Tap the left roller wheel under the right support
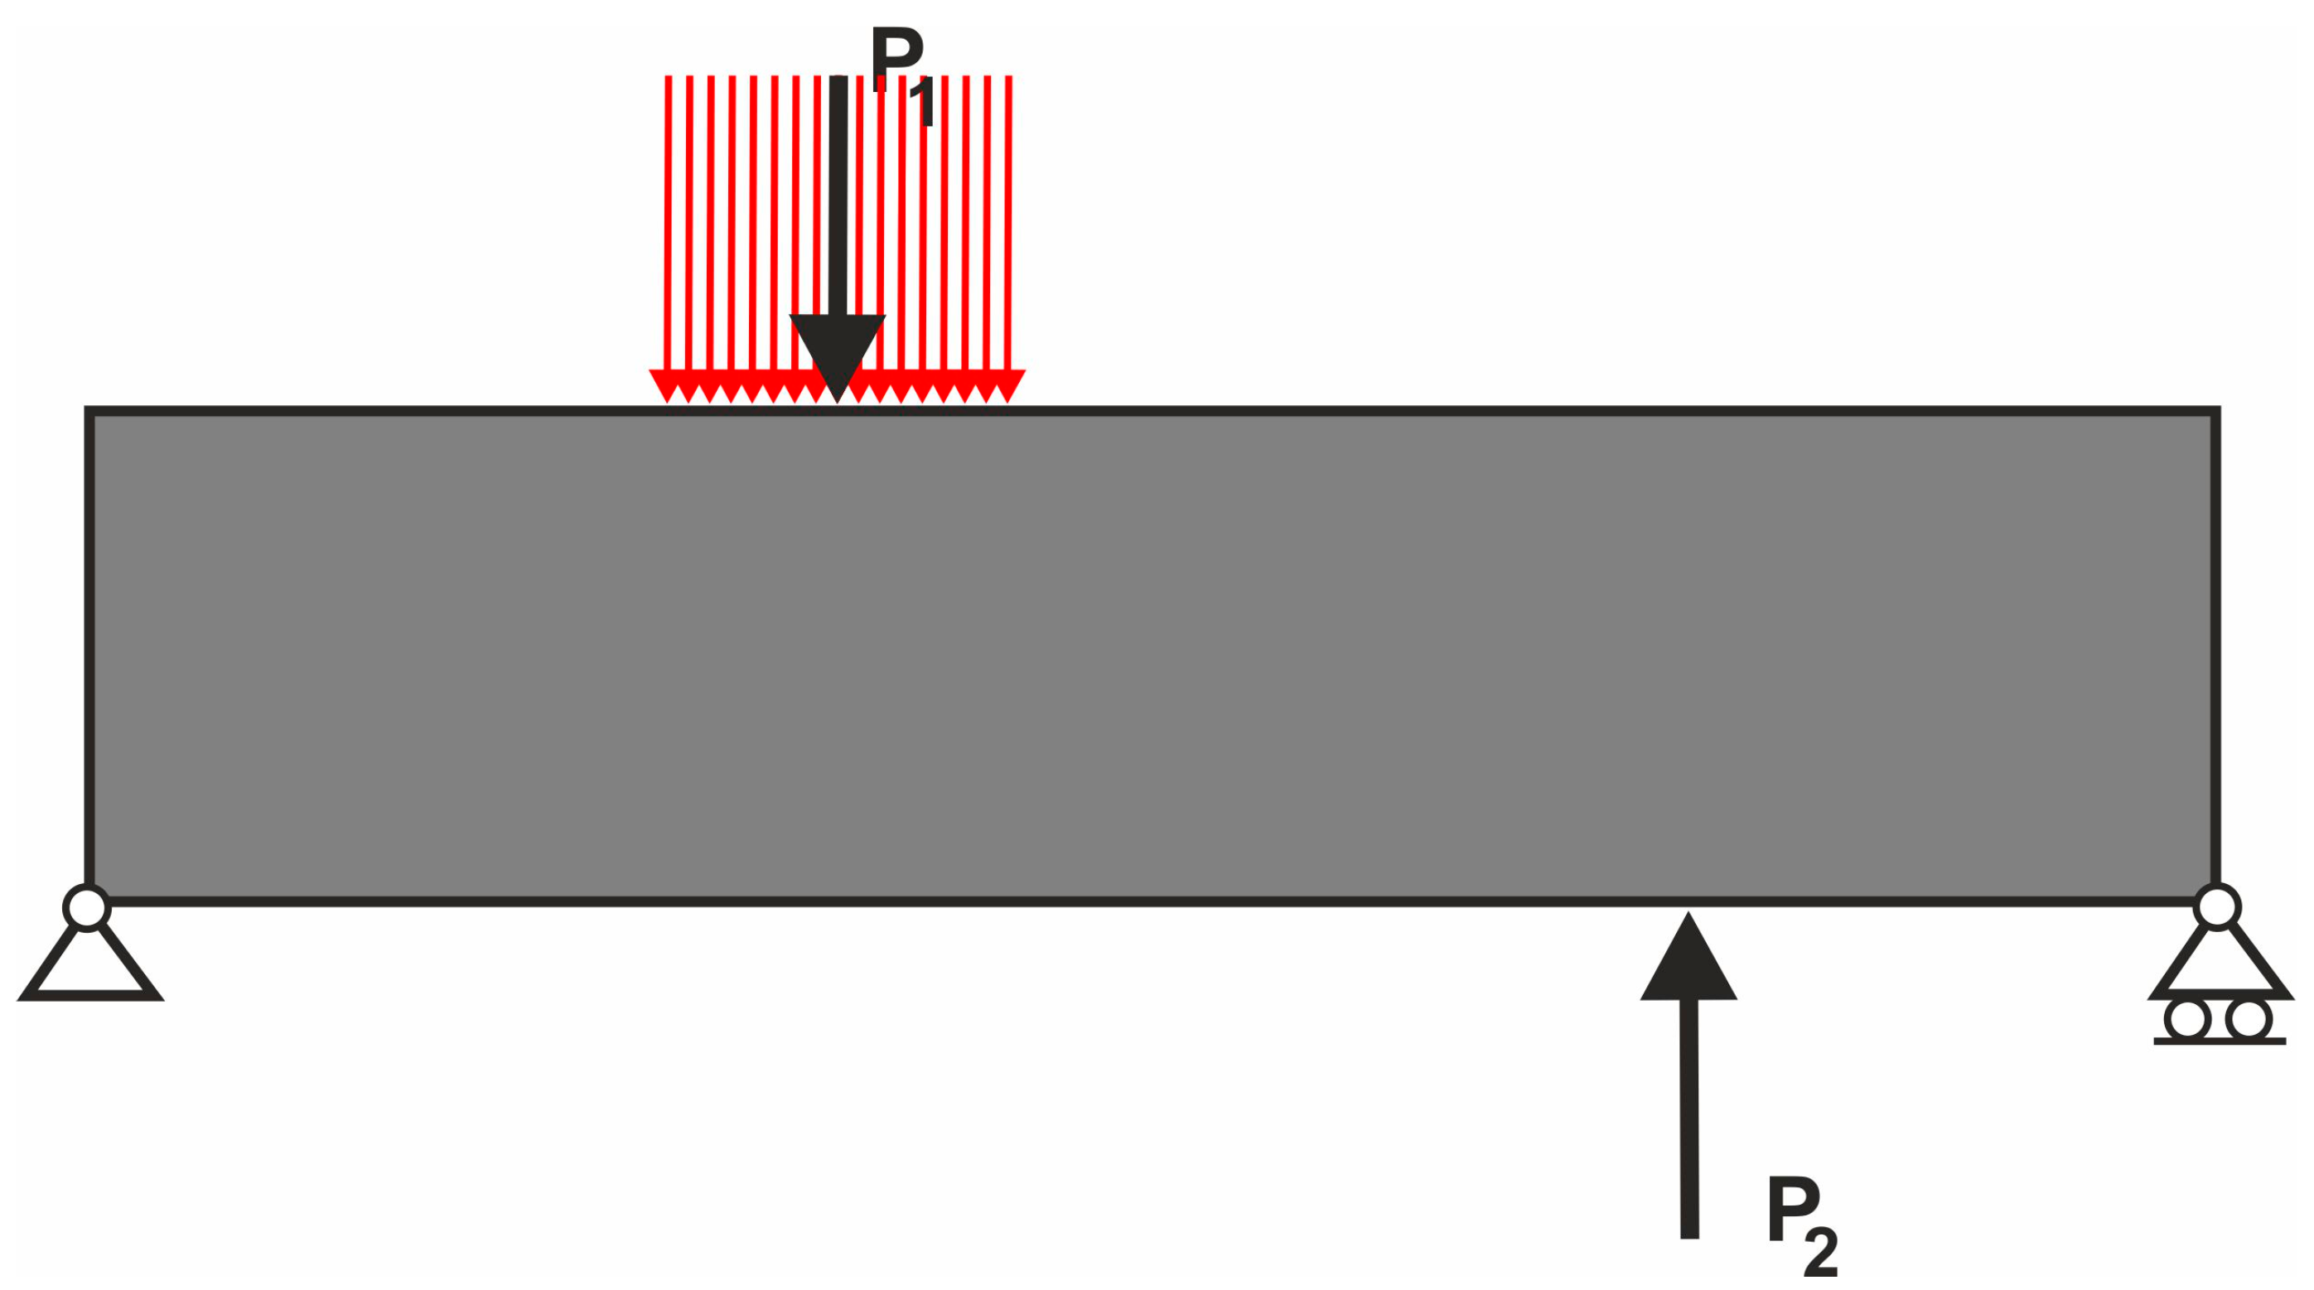point(2187,1020)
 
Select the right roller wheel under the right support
point(2249,1020)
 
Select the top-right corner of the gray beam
point(2216,412)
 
